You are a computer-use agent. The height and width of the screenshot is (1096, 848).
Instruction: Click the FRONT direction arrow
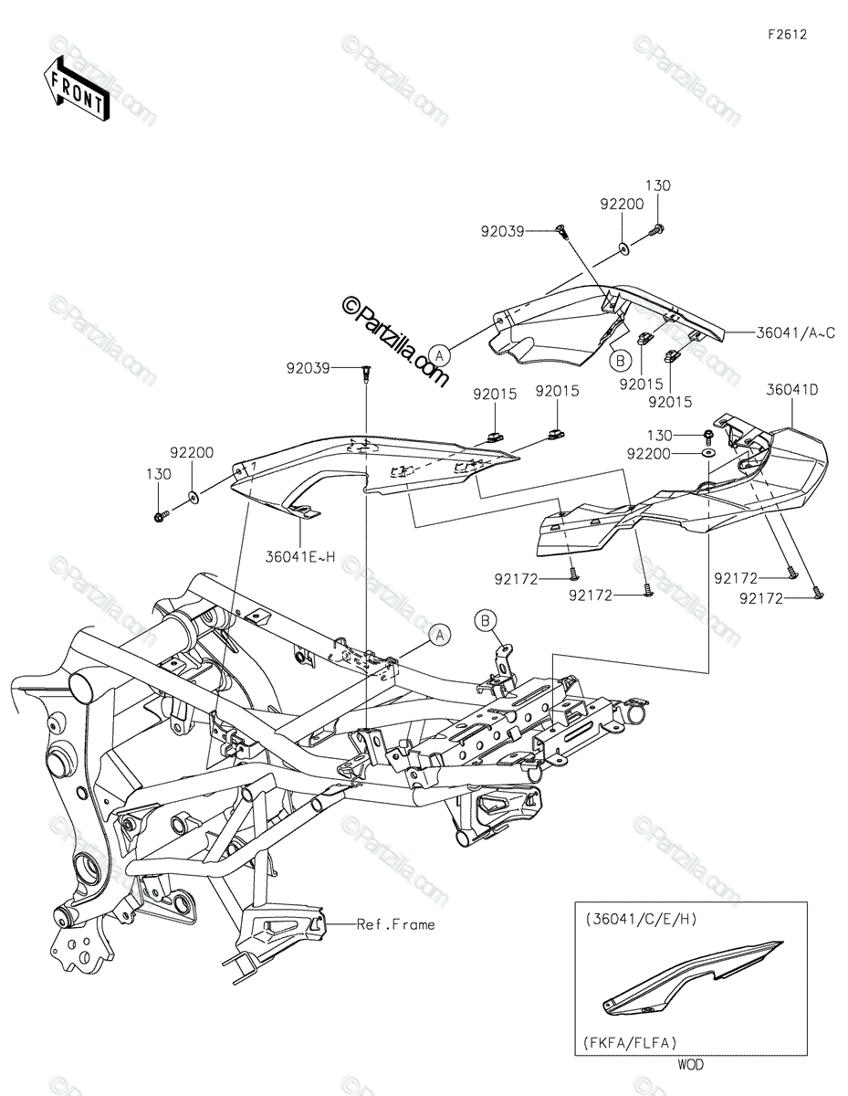[75, 90]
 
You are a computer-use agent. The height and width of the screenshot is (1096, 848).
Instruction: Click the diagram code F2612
[787, 35]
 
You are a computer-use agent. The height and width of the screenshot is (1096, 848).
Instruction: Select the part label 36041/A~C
[795, 332]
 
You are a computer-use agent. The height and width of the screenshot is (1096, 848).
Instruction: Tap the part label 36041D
[792, 389]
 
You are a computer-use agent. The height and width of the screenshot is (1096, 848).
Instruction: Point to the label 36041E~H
[299, 557]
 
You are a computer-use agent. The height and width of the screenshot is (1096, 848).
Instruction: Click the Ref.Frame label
[395, 924]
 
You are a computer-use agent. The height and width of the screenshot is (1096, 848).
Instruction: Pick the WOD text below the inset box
[690, 1064]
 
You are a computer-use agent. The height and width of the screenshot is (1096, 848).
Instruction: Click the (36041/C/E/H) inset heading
[641, 919]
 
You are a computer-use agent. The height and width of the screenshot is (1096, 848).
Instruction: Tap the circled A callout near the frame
[440, 636]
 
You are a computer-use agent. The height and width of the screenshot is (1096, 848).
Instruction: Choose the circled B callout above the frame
[486, 620]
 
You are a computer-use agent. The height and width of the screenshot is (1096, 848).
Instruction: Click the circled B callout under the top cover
[621, 360]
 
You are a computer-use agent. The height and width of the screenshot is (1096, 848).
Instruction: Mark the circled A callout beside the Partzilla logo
[440, 355]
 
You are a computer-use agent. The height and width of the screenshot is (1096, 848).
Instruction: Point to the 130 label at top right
[658, 185]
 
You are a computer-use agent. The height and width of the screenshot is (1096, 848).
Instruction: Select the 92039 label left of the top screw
[502, 231]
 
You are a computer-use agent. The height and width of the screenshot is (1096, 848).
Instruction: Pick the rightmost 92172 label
[761, 598]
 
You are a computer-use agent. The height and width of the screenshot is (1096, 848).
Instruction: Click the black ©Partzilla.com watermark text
[394, 342]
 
